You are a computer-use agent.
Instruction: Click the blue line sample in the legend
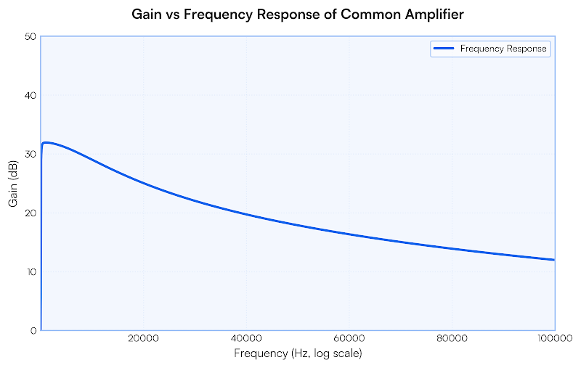point(444,49)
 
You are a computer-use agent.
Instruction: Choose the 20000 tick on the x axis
point(143,339)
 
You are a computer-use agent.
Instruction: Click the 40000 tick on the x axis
point(246,339)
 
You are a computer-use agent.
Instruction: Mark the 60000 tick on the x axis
point(349,339)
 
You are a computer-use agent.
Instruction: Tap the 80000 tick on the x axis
point(452,339)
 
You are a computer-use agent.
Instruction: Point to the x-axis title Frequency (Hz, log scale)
point(298,353)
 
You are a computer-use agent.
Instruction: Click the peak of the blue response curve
point(46,142)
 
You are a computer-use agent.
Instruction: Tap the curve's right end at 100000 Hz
point(554,260)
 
